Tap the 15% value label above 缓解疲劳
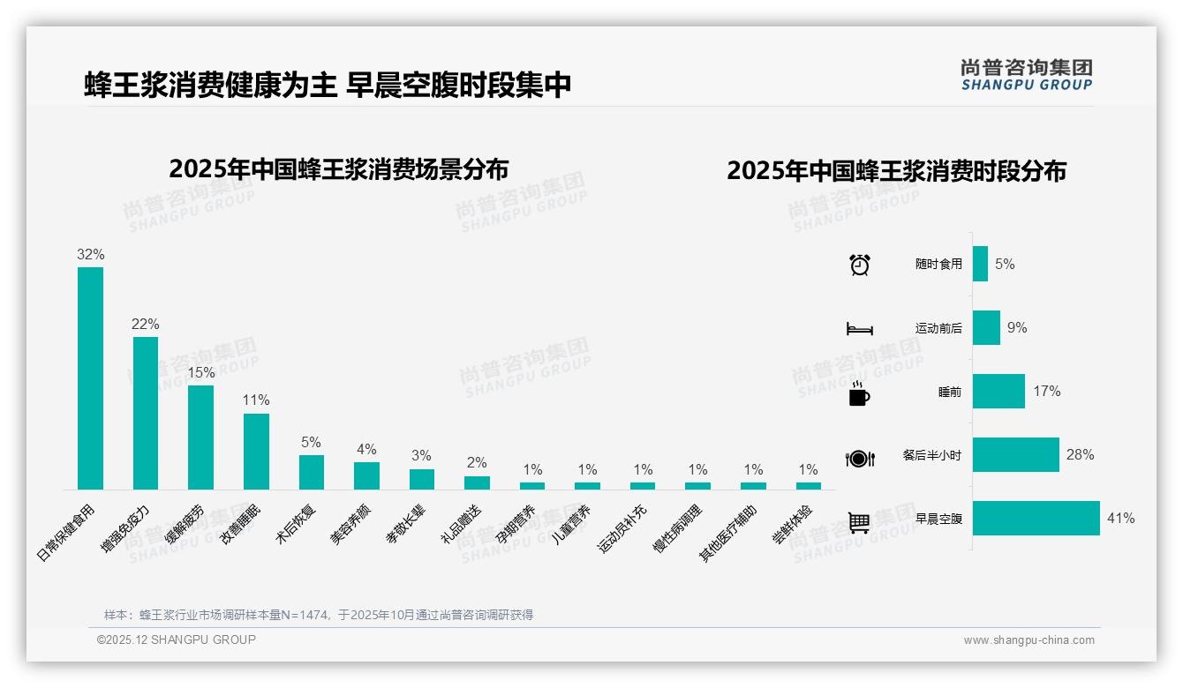point(201,373)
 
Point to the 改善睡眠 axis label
point(240,524)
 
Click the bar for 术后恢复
point(312,472)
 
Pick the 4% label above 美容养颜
point(366,450)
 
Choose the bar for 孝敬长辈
point(422,479)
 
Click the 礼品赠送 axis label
point(462,524)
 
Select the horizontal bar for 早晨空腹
point(1036,518)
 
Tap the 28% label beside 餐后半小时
point(1080,455)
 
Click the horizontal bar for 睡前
point(998,391)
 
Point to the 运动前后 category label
point(938,328)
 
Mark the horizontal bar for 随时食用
point(980,264)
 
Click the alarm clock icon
point(860,264)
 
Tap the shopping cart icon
point(859,522)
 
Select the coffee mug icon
point(859,393)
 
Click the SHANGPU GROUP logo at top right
point(1027,75)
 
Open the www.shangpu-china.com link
point(1029,640)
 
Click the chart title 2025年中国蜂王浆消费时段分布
point(896,170)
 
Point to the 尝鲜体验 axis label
point(792,525)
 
